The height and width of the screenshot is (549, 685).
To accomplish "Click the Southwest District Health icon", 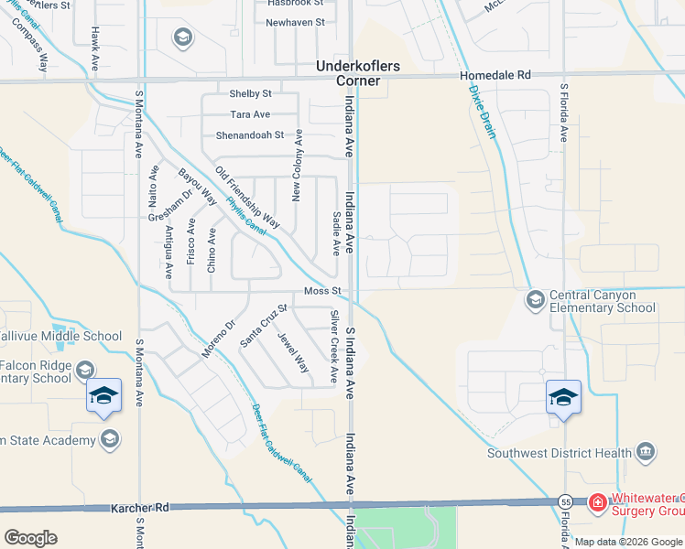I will click(x=646, y=451).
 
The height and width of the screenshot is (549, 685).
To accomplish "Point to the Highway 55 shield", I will click(x=565, y=502).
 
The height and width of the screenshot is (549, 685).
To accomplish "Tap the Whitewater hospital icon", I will click(x=597, y=502).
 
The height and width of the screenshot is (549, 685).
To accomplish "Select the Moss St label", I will click(x=322, y=291).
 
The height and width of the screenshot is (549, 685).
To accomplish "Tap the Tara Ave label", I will click(x=250, y=114).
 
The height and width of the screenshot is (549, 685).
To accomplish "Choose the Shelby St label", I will click(x=250, y=93).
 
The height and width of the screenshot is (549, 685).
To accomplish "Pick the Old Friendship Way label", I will click(x=247, y=197).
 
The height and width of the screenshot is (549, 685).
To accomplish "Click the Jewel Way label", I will click(x=294, y=351).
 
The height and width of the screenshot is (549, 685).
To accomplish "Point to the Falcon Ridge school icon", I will click(x=85, y=371).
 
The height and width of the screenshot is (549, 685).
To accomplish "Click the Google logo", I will click(x=30, y=537).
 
